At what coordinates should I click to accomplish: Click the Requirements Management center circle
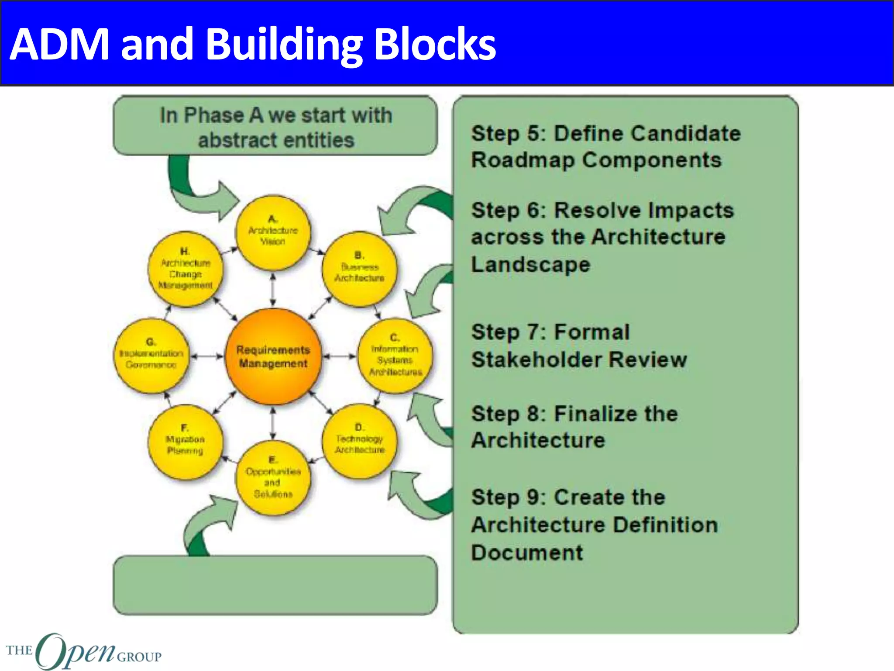tap(273, 356)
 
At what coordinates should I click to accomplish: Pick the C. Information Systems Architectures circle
tap(395, 355)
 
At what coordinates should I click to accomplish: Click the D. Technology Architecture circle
tap(360, 440)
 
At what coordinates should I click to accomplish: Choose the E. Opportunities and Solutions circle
tap(273, 477)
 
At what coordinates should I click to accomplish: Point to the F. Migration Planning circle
tap(186, 441)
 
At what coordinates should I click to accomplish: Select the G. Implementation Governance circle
tap(151, 355)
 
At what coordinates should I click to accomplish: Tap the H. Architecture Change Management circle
tap(186, 269)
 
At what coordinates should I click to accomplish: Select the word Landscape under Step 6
tap(530, 265)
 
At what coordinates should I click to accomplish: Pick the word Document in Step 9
tap(527, 553)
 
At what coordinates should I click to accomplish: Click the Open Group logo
tap(83, 651)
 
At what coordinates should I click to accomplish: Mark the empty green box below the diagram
tap(275, 585)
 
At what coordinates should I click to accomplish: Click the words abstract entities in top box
tap(276, 140)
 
